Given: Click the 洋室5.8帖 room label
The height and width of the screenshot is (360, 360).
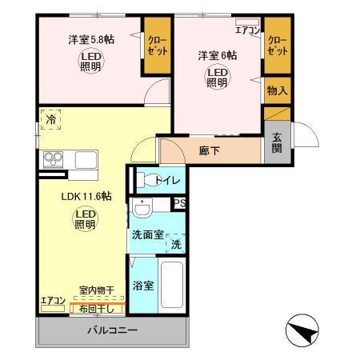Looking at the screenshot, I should pyautogui.click(x=90, y=38).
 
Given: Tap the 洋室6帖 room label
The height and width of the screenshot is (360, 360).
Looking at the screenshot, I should pyautogui.click(x=218, y=56).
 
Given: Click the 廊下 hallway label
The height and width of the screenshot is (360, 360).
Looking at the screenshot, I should pyautogui.click(x=210, y=150).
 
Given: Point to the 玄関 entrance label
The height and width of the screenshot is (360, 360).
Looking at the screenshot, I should pyautogui.click(x=277, y=142).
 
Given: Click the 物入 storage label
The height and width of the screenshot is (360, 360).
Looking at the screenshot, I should pyautogui.click(x=277, y=90).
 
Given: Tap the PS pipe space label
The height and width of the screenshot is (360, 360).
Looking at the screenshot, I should pyautogui.click(x=180, y=203).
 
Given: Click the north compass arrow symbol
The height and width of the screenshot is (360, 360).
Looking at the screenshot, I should pyautogui.click(x=298, y=330).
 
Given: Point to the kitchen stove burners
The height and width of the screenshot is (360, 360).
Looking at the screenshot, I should pyautogui.click(x=53, y=158).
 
